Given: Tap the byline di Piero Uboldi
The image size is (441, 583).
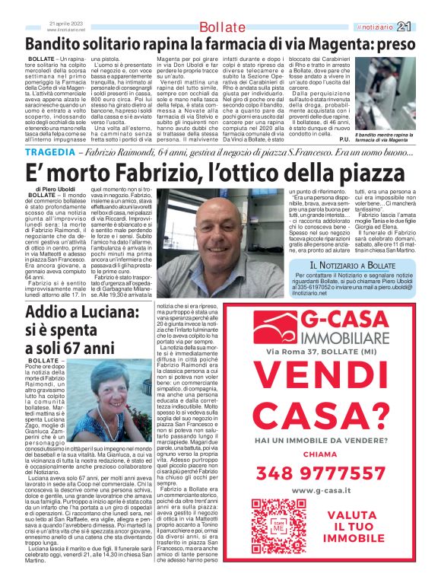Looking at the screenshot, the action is (x=55, y=188).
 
